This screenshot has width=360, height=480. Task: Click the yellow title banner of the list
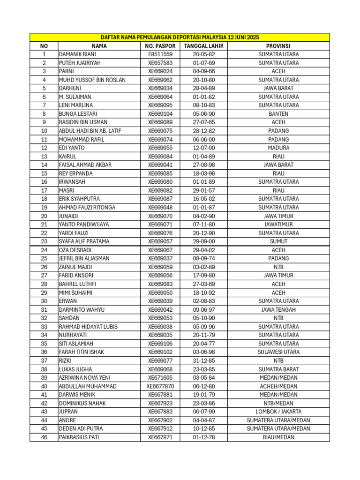pos(180,37)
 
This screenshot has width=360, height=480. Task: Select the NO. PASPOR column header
pos(160,46)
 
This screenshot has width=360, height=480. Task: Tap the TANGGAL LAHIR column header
pos(203,46)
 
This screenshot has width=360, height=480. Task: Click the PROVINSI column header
pos(278,46)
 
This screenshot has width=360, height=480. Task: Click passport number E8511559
pos(160,54)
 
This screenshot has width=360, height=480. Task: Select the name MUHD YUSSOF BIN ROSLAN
pos(92,80)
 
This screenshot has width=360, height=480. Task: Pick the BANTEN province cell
pos(278,114)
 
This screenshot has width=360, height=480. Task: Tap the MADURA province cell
pos(278,148)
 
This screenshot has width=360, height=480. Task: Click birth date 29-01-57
pos(203,190)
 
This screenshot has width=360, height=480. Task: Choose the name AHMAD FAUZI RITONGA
pos(87,207)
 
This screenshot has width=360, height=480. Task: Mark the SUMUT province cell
pos(278,241)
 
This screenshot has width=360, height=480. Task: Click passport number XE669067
pos(160,250)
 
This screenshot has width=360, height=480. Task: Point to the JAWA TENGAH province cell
pos(278,309)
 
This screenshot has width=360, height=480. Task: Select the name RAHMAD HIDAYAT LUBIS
pos(88,327)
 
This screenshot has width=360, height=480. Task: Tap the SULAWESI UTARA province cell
pos(278,352)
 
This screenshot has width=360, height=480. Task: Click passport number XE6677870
pos(160,386)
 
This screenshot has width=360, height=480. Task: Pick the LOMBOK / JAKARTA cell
pos(278,412)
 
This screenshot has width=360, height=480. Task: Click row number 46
pos(44,437)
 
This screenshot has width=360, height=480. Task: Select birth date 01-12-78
pos(203,437)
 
